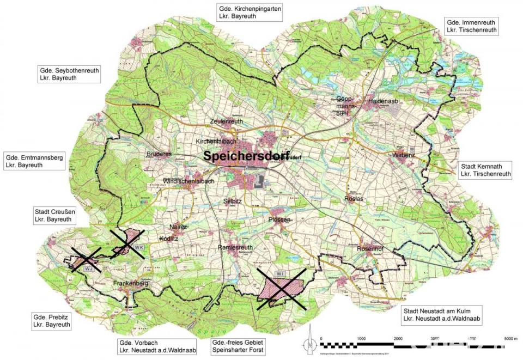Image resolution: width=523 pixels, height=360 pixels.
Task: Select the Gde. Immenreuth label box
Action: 471,26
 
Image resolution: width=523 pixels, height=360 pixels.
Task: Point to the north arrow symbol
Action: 309,340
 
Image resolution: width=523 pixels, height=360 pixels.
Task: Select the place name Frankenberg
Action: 131,284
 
